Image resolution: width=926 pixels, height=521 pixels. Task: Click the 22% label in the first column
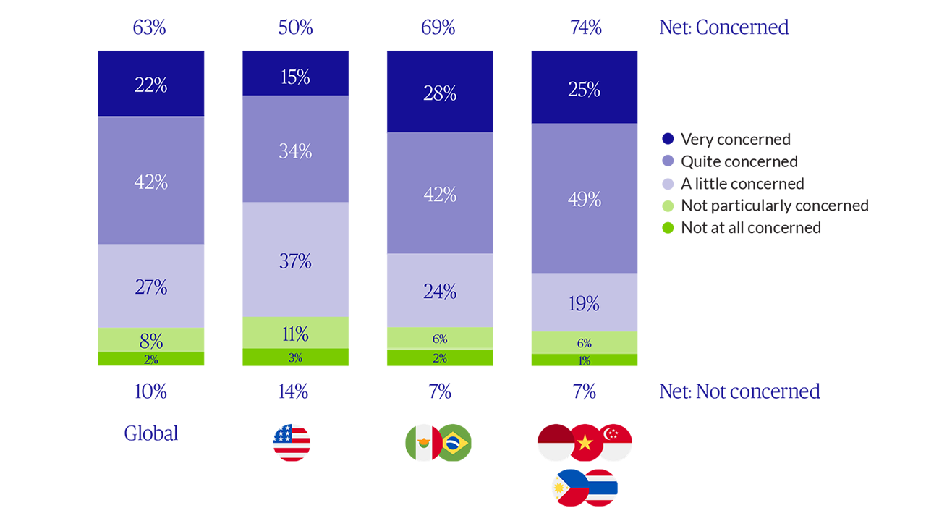pyautogui.click(x=150, y=86)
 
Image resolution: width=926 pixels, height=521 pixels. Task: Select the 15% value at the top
pyautogui.click(x=295, y=77)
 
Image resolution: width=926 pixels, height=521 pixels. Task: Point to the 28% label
pyautogui.click(x=440, y=93)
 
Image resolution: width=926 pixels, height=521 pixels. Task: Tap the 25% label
pyautogui.click(x=585, y=90)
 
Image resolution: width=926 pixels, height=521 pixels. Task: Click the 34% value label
pyautogui.click(x=295, y=152)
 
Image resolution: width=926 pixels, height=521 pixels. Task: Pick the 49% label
pyautogui.click(x=585, y=200)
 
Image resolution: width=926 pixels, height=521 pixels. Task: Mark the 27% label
pyautogui.click(x=150, y=287)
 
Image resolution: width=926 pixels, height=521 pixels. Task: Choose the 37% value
pyautogui.click(x=295, y=261)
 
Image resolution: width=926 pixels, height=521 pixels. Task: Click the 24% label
pyautogui.click(x=440, y=292)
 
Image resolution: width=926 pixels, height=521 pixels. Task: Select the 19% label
pyautogui.click(x=585, y=304)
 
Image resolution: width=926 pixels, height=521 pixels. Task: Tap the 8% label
pyautogui.click(x=150, y=340)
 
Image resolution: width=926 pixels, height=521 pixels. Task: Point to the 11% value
pyautogui.click(x=295, y=334)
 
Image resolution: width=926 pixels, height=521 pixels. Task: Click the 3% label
pyautogui.click(x=295, y=357)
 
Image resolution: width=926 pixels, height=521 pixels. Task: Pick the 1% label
pyautogui.click(x=585, y=360)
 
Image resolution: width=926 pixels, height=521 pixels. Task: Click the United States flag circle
pyautogui.click(x=292, y=436)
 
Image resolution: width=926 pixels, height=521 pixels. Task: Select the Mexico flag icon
pyautogui.click(x=424, y=442)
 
